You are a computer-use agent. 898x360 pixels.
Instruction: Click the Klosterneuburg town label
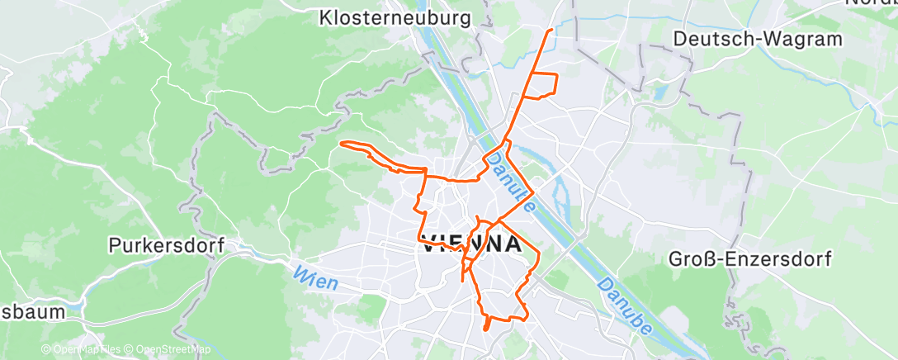395,17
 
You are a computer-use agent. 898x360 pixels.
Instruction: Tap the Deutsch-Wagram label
758,39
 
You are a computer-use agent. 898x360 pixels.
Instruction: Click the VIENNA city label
472,244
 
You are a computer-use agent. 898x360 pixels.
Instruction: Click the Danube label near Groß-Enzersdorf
626,306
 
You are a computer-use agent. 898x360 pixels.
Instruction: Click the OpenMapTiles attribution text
86,350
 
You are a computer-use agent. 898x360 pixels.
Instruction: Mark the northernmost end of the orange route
551,30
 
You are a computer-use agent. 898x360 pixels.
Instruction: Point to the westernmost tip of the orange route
341,143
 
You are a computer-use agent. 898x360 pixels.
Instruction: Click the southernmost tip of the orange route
486,329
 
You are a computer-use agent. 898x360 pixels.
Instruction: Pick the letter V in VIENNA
430,244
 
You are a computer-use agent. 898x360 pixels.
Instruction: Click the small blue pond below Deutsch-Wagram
659,92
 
